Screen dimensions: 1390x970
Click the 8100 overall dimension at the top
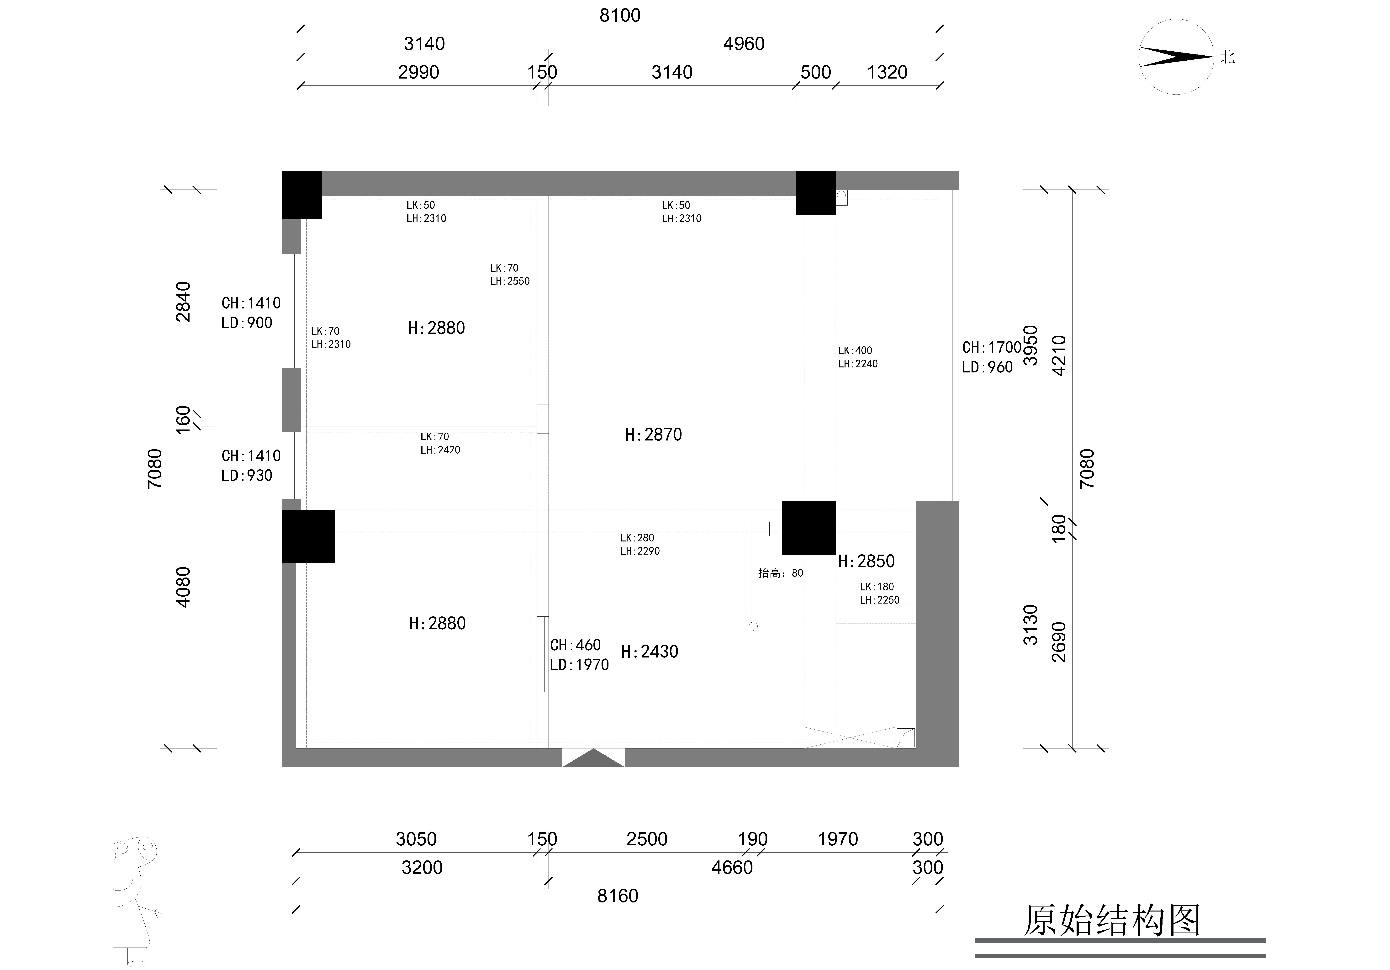point(620,15)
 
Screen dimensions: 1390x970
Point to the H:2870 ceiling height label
point(653,435)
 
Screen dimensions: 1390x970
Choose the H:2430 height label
point(650,652)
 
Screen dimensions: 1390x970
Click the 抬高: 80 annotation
point(780,573)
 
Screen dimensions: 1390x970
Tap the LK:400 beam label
point(855,351)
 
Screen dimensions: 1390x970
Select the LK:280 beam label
point(637,538)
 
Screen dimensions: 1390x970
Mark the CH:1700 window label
point(992,348)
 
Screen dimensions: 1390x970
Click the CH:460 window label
point(575,645)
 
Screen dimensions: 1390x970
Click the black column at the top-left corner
point(301,194)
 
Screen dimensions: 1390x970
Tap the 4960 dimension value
point(744,44)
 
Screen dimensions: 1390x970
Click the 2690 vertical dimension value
point(1059,642)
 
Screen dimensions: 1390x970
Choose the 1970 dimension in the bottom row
point(838,839)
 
